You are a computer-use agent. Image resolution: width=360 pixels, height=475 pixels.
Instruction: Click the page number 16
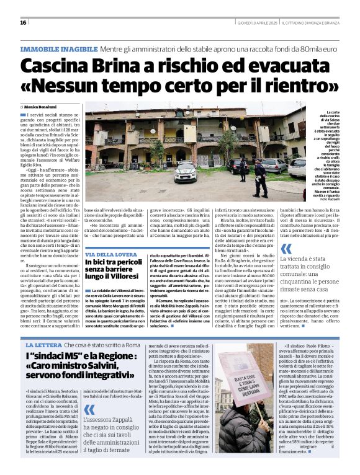coord(23,23)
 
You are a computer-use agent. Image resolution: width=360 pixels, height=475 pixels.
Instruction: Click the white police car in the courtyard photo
coord(185,173)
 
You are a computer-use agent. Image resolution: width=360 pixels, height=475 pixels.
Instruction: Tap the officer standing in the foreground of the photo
coord(258,179)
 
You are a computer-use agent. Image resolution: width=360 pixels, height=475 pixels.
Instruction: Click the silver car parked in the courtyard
coord(274,166)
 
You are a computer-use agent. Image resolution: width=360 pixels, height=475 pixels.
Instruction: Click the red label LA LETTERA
coord(42,344)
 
